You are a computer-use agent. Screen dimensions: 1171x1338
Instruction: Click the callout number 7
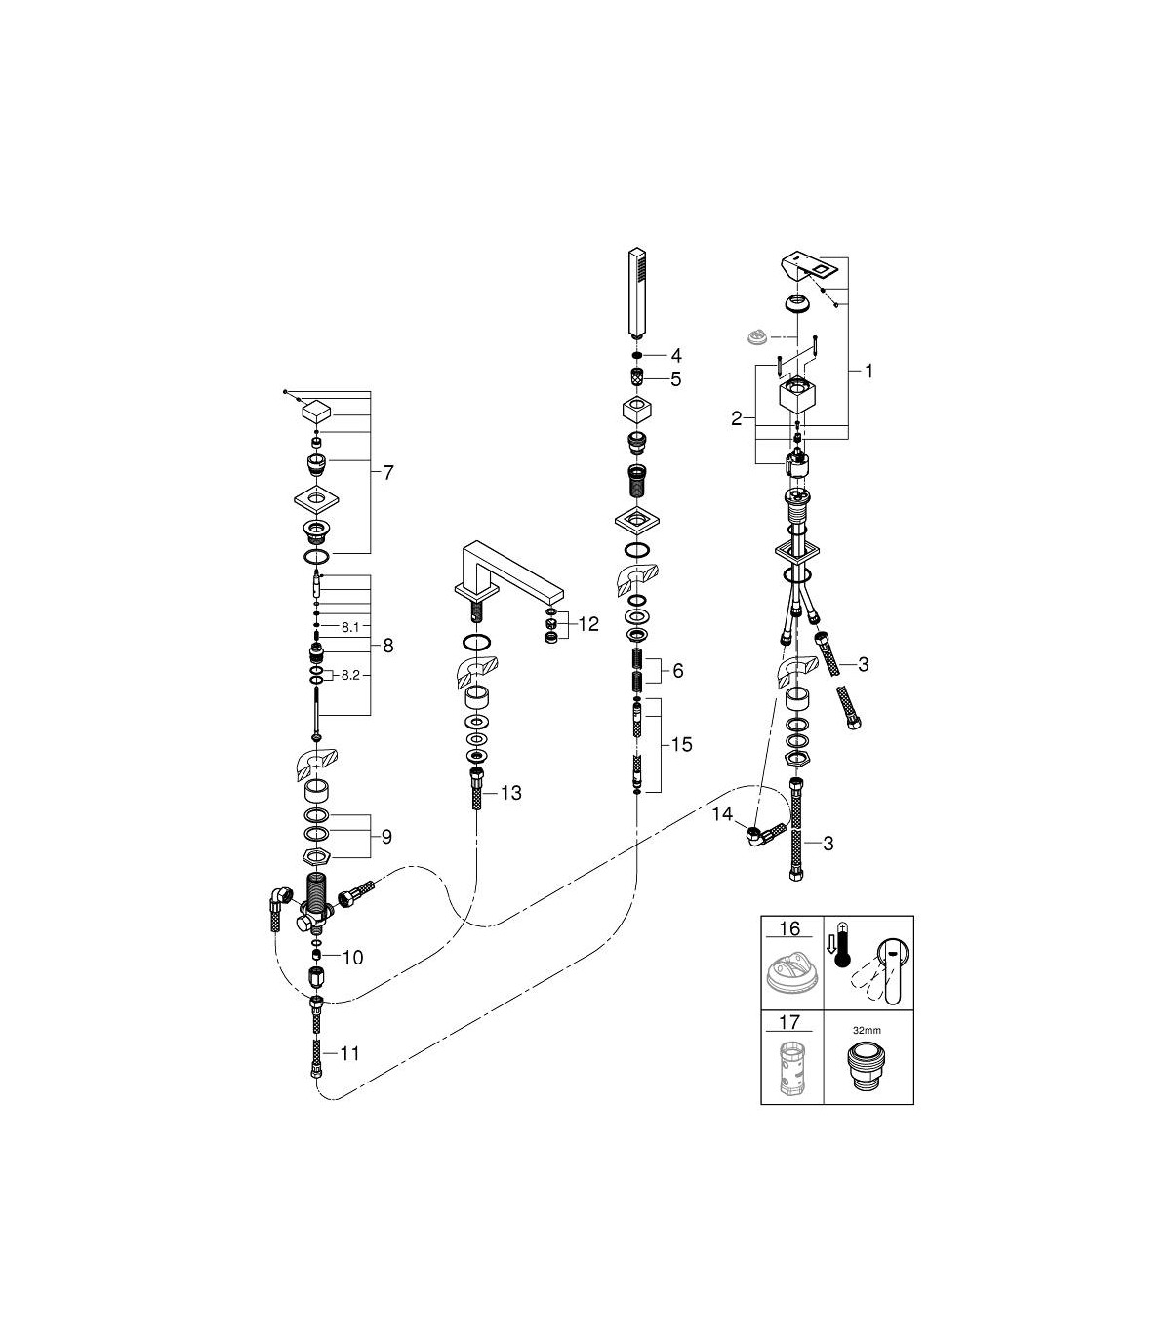[388, 472]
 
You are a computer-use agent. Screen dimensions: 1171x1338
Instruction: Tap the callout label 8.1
[350, 627]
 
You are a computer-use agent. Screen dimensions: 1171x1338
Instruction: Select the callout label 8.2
[350, 675]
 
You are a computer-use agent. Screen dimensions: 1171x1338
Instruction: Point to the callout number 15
[682, 744]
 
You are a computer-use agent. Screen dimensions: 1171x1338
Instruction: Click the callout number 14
[723, 813]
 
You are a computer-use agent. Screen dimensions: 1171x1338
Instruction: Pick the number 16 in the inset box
[790, 928]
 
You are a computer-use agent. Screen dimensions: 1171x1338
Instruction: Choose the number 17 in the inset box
[790, 1021]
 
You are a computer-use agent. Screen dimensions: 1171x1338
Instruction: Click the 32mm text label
[867, 1030]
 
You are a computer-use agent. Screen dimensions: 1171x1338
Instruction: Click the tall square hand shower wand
[637, 293]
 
